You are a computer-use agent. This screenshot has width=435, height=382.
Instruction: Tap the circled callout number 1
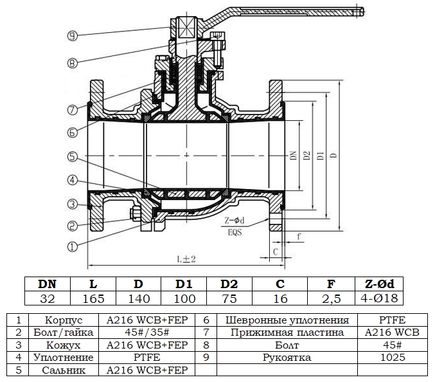click(73, 245)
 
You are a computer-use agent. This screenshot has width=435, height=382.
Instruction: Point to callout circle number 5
click(73, 156)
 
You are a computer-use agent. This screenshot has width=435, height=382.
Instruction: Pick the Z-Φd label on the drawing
click(235, 221)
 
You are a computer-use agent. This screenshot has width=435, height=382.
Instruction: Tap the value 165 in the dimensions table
click(93, 298)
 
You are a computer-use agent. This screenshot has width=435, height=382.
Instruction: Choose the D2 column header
click(229, 284)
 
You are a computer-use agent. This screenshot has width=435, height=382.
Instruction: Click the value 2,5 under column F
click(331, 298)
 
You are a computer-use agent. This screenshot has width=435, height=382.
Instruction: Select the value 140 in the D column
click(139, 298)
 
